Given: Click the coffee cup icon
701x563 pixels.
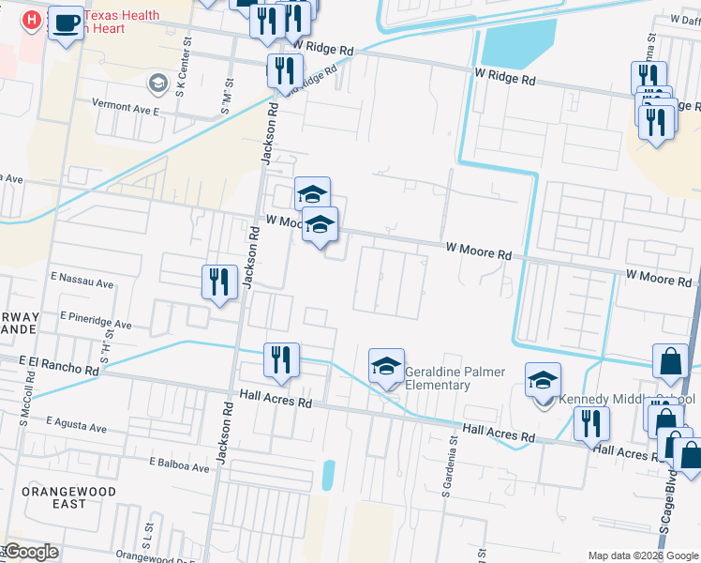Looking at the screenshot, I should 65,23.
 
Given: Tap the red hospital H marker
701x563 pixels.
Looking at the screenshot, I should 31,20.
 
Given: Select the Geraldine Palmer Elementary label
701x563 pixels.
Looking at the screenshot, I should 437,378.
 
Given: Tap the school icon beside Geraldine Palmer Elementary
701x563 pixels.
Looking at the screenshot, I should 385,367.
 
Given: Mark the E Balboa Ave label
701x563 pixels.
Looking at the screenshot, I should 179,463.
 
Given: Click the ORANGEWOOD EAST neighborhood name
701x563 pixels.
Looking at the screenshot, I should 69,497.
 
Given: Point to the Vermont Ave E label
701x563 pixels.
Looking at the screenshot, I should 125,108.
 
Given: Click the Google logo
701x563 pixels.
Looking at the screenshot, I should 31,552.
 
